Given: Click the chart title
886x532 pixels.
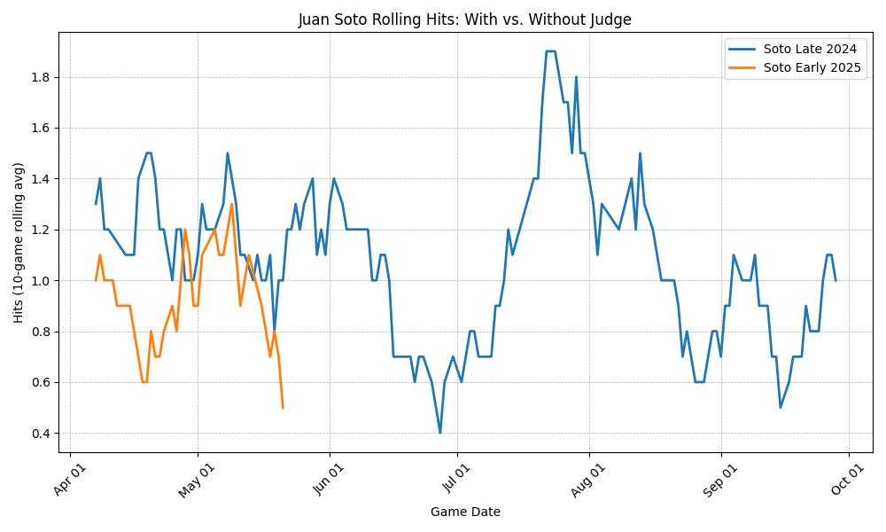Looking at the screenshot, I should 464,20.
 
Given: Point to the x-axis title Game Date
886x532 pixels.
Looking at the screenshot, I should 464,512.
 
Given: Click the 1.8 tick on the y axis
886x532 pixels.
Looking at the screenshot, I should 40,77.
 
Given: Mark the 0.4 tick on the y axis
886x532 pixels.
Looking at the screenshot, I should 40,434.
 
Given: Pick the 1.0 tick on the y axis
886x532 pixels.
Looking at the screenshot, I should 40,281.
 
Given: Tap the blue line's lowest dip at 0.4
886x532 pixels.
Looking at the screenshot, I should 440,433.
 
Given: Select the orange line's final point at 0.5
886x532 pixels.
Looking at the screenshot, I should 283,407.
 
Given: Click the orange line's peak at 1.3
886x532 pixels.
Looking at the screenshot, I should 232,204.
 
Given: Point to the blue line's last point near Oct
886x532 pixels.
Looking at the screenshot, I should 835,280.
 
